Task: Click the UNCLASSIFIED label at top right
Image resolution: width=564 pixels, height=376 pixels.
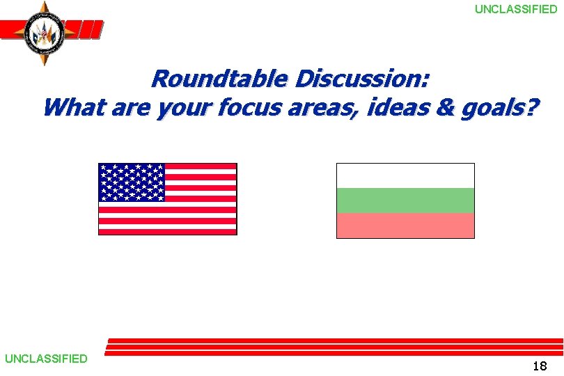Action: coord(516,9)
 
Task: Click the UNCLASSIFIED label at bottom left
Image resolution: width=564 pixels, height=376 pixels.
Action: coord(46,359)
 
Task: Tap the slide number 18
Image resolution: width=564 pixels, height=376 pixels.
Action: coord(539,366)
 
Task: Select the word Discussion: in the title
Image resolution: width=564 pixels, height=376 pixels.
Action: coord(361,79)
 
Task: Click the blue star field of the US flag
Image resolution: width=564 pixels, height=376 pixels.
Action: coord(132,182)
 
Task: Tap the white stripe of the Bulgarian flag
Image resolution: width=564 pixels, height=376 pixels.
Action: coord(405,175)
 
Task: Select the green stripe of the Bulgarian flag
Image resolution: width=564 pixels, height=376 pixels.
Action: coord(405,201)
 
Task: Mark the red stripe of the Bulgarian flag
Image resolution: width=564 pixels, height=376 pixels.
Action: coord(405,226)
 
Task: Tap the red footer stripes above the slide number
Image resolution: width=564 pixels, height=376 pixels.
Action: coord(334,347)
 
